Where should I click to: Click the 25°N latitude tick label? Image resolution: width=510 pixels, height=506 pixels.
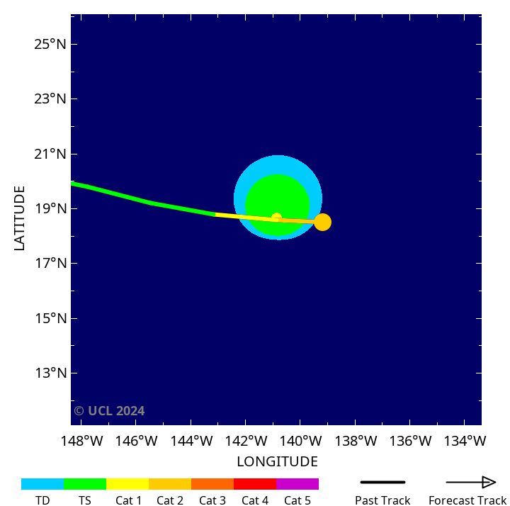click(51, 45)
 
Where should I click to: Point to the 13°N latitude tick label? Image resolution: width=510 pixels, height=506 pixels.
click(51, 373)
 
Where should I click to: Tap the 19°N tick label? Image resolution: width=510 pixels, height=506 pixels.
click(51, 209)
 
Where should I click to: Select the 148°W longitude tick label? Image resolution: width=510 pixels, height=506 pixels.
click(82, 442)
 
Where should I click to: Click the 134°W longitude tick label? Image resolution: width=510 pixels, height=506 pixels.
click(465, 442)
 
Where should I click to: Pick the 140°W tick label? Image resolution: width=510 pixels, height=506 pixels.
click(301, 442)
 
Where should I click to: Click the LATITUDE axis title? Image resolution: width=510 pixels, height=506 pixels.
click(19, 218)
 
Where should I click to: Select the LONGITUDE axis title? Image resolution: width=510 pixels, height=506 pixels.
click(277, 462)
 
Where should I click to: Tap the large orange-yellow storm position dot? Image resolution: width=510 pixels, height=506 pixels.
click(322, 222)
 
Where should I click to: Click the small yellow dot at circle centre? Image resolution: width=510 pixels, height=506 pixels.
click(277, 218)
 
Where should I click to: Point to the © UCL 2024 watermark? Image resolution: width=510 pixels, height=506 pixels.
click(109, 411)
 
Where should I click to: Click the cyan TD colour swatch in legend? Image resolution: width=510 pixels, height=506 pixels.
click(42, 484)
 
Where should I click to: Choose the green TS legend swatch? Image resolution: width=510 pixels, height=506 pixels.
click(85, 484)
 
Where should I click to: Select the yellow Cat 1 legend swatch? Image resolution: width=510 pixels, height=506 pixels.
click(127, 484)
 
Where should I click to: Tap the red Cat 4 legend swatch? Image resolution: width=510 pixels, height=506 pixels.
click(255, 484)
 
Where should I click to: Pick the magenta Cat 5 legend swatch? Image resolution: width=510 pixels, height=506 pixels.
click(297, 484)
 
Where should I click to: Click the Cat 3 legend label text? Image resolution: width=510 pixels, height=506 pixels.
click(212, 500)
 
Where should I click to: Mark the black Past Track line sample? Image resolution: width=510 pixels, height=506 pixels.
click(382, 483)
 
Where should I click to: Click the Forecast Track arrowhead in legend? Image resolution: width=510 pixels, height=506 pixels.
click(489, 483)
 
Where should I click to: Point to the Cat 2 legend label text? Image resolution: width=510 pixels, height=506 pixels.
click(170, 500)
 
